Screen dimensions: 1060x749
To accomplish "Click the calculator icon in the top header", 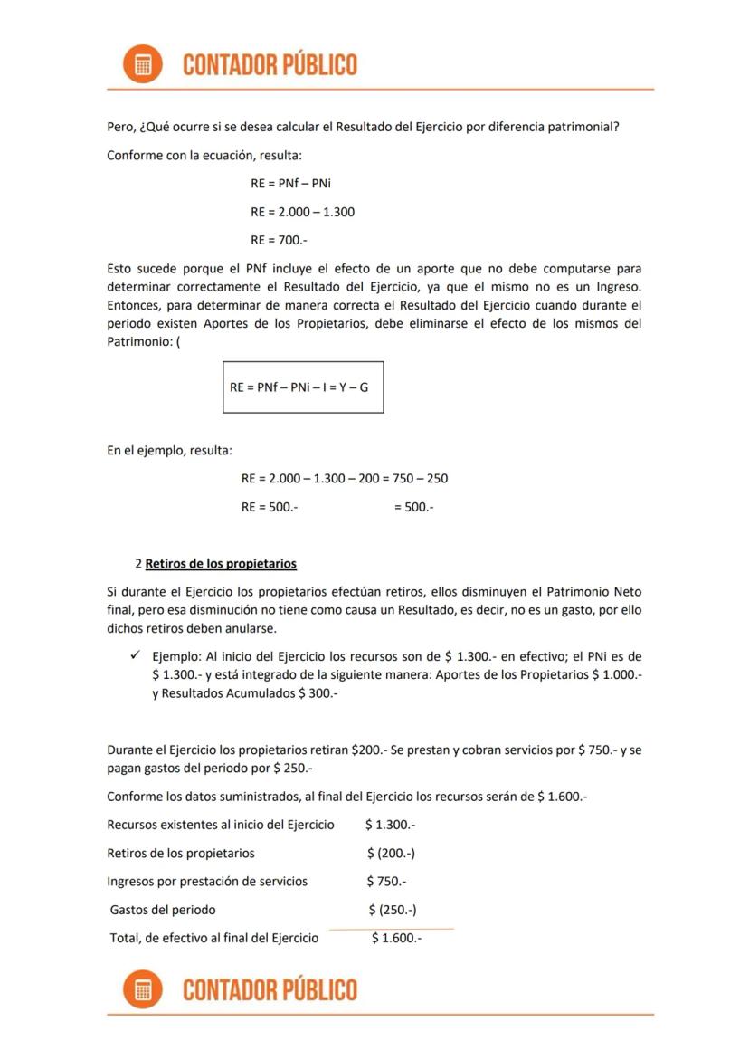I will coord(142,64).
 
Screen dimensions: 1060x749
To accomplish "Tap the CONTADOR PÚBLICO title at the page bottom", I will coord(270,990).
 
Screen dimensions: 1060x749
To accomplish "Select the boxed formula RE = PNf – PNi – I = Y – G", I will coord(303,387).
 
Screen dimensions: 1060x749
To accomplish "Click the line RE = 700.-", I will coord(272,240).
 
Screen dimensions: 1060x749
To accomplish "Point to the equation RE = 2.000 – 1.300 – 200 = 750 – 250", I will coord(344,478).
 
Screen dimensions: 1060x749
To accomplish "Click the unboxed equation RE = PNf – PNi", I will coord(290,184).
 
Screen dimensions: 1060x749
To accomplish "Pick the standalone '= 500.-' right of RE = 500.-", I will coord(413,507).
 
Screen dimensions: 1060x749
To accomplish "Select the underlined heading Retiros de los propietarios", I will coord(221,564).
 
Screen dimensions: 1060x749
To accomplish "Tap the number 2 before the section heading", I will coord(137,564).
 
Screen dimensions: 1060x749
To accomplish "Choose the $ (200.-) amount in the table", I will coord(391,853).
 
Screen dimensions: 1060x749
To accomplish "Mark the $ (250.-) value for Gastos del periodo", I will coord(392,910).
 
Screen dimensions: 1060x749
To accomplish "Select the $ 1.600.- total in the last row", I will coord(396,938).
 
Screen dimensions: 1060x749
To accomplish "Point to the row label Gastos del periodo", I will coord(163,910).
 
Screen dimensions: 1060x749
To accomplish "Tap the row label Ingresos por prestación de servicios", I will coord(207,881).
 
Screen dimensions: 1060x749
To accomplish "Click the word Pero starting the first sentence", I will coord(120,127).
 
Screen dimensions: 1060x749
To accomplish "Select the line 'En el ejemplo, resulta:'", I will coord(169,450).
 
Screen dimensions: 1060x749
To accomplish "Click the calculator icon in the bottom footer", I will coord(142,990).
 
